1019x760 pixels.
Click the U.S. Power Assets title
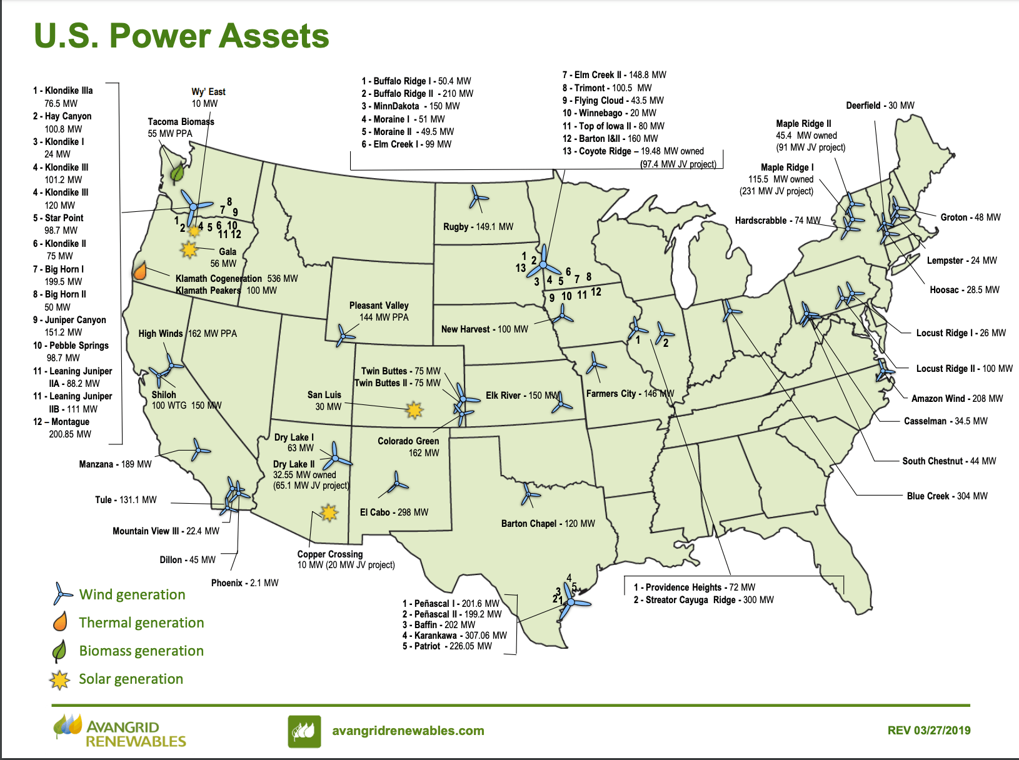pyautogui.click(x=181, y=36)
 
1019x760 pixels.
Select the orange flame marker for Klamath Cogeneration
pyautogui.click(x=140, y=271)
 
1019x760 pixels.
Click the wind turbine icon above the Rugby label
pyautogui.click(x=478, y=198)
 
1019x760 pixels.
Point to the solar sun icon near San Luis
pyautogui.click(x=413, y=410)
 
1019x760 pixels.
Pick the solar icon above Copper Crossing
pyautogui.click(x=328, y=513)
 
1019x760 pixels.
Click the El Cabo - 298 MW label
pyautogui.click(x=394, y=512)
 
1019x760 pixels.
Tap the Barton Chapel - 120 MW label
pyautogui.click(x=548, y=524)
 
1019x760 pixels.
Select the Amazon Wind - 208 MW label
pyautogui.click(x=956, y=399)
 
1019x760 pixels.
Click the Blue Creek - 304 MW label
pyautogui.click(x=946, y=496)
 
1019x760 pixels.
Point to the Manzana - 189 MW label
pyautogui.click(x=115, y=464)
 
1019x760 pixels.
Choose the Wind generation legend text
pyautogui.click(x=132, y=594)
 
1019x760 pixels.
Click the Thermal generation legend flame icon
pyautogui.click(x=61, y=622)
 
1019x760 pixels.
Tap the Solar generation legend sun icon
pyautogui.click(x=60, y=679)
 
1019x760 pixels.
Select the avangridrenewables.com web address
pyautogui.click(x=408, y=731)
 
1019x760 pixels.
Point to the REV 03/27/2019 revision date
pyautogui.click(x=928, y=731)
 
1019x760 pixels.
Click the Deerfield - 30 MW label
pyautogui.click(x=880, y=106)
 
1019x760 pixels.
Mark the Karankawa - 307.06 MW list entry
pyautogui.click(x=454, y=636)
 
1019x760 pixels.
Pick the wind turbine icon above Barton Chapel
pyautogui.click(x=530, y=494)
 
